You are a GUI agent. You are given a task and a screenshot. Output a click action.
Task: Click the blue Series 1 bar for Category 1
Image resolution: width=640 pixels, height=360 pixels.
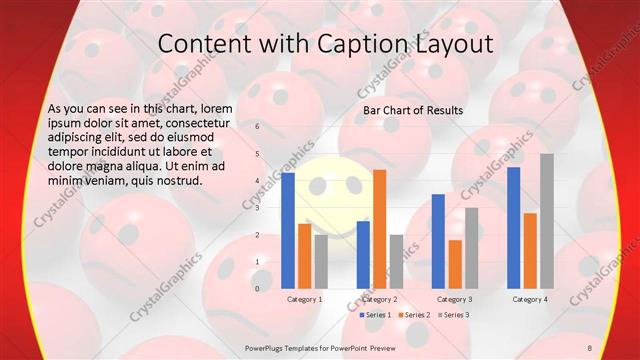click(x=288, y=230)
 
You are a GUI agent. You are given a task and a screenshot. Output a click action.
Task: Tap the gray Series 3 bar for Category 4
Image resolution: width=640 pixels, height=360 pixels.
click(x=546, y=220)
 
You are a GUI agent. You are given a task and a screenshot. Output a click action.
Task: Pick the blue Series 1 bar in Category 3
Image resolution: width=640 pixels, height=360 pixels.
click(x=438, y=241)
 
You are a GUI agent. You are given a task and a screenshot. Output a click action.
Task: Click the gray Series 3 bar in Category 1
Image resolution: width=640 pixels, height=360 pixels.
click(x=321, y=261)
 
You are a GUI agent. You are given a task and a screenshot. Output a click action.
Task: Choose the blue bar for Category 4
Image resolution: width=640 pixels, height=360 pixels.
click(x=513, y=227)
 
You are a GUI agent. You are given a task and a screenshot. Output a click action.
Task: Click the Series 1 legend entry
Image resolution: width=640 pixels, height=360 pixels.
click(x=376, y=315)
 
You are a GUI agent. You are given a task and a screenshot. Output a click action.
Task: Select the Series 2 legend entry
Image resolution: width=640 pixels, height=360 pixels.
click(x=415, y=315)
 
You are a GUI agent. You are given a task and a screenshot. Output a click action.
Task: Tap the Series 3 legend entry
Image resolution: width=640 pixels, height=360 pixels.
click(x=454, y=315)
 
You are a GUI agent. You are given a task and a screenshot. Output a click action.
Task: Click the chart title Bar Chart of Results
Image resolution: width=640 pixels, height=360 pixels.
click(x=413, y=110)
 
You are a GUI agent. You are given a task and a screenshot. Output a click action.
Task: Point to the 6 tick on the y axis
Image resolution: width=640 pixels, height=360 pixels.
click(x=257, y=127)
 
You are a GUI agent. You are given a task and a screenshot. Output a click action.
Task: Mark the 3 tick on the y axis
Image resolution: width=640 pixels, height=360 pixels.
click(x=257, y=208)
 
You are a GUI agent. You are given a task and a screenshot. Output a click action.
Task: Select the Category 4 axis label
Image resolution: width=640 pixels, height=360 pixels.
click(x=529, y=299)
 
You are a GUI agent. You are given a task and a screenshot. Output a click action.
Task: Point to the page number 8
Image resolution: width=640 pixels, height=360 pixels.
click(x=590, y=347)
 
